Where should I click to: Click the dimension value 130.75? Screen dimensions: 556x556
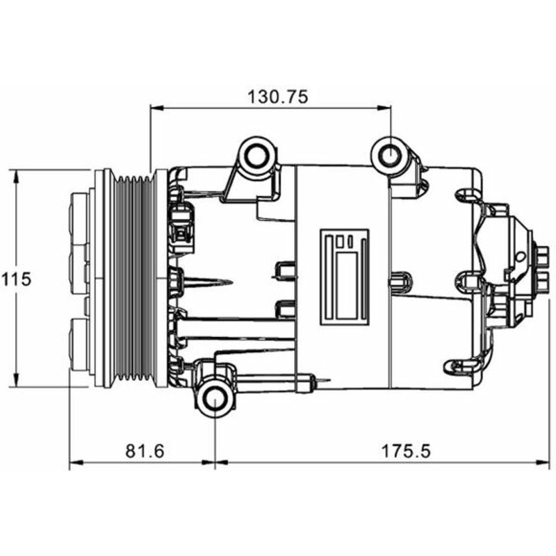(277, 97)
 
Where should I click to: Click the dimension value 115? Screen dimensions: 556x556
(17, 279)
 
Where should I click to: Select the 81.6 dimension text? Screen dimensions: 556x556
(145, 451)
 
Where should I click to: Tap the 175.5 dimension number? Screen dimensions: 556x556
(406, 451)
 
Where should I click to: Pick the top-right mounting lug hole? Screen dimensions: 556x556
(390, 155)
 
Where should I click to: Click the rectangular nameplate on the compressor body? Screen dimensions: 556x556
(345, 277)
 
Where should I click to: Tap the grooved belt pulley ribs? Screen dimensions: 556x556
(134, 279)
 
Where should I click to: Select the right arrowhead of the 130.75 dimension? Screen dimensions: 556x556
(384, 108)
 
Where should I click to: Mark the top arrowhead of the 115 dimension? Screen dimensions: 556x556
(16, 177)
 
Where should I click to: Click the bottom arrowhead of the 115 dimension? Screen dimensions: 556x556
(16, 380)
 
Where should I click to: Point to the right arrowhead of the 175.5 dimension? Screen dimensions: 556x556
(543, 462)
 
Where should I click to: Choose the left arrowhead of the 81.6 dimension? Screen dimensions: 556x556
(76, 462)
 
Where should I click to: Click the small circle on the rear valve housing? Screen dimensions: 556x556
(521, 256)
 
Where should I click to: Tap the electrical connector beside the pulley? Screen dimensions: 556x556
(182, 227)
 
